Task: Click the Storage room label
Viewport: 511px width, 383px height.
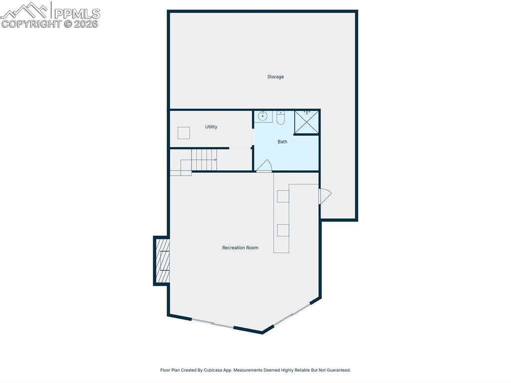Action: click(275, 77)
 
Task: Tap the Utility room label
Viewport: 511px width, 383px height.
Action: click(211, 127)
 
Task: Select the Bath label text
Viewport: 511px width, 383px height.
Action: click(282, 142)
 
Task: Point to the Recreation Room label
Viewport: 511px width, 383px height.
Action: click(240, 248)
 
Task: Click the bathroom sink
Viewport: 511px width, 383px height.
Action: click(263, 116)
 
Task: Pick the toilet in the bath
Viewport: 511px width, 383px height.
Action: click(280, 118)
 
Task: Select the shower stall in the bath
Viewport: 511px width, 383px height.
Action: click(306, 122)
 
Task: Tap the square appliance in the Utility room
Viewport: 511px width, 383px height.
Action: click(184, 133)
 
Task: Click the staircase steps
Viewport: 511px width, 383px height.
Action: click(203, 160)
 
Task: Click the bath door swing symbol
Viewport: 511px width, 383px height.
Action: click(264, 166)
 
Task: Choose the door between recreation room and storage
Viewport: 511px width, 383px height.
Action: click(324, 195)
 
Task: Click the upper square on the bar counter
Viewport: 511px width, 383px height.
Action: click(283, 196)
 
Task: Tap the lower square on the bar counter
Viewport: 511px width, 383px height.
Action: click(283, 230)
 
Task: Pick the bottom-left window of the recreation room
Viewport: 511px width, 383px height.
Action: click(213, 324)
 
